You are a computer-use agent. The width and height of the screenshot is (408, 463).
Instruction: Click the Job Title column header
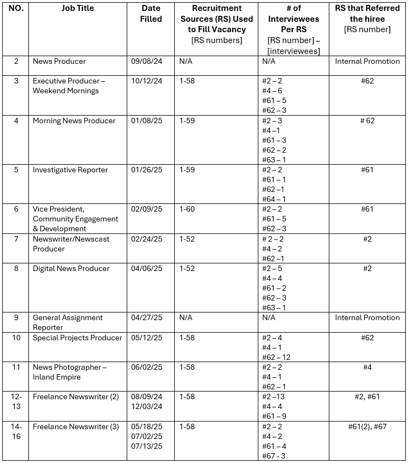pyautogui.click(x=78, y=9)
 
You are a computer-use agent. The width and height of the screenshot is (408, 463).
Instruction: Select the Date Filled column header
pyautogui.click(x=151, y=14)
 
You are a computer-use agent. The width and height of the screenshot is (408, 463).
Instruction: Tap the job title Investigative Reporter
pyautogui.click(x=70, y=170)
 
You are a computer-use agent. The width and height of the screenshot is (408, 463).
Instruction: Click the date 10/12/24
pyautogui.click(x=144, y=81)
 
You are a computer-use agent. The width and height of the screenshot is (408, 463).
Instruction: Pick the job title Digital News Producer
pyautogui.click(x=71, y=269)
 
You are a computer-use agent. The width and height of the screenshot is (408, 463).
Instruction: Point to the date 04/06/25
pyautogui.click(x=144, y=269)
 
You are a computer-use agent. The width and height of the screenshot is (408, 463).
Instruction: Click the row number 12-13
pyautogui.click(x=16, y=401)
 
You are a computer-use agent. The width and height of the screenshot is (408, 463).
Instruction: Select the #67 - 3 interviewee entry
pyautogui.click(x=274, y=456)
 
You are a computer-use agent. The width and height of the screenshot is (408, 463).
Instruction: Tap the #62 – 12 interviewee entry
pyautogui.click(x=276, y=358)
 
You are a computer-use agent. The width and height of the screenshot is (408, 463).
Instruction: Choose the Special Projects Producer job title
pyautogui.click(x=78, y=338)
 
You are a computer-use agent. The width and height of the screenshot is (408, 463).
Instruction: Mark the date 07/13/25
pyautogui.click(x=144, y=446)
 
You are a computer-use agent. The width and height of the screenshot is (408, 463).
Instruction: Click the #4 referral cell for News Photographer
pyautogui.click(x=367, y=368)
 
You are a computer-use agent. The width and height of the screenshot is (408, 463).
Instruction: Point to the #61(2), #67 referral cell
pyautogui.click(x=367, y=426)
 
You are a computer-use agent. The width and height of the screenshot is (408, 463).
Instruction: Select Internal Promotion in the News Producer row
pyautogui.click(x=367, y=62)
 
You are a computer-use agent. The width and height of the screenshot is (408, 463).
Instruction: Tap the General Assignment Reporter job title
pyautogui.click(x=67, y=322)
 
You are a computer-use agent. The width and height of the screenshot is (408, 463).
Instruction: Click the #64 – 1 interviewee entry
pyautogui.click(x=274, y=200)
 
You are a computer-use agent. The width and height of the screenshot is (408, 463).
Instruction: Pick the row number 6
pyautogui.click(x=16, y=209)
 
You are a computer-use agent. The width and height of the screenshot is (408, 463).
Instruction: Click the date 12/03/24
pyautogui.click(x=144, y=407)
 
